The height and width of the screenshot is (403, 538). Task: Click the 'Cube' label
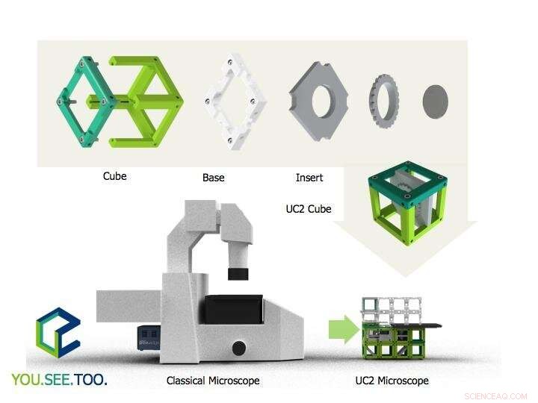114,176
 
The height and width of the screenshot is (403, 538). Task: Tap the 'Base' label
213,178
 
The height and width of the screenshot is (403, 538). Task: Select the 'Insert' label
309,178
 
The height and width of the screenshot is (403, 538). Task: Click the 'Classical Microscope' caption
213,381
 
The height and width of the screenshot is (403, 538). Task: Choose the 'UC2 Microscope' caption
392,381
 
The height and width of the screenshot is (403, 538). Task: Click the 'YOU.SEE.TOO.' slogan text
59,380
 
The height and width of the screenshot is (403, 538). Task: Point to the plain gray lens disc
438,101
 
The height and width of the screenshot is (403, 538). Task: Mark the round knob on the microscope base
239,347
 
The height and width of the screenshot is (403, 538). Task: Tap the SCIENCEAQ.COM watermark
495,396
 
